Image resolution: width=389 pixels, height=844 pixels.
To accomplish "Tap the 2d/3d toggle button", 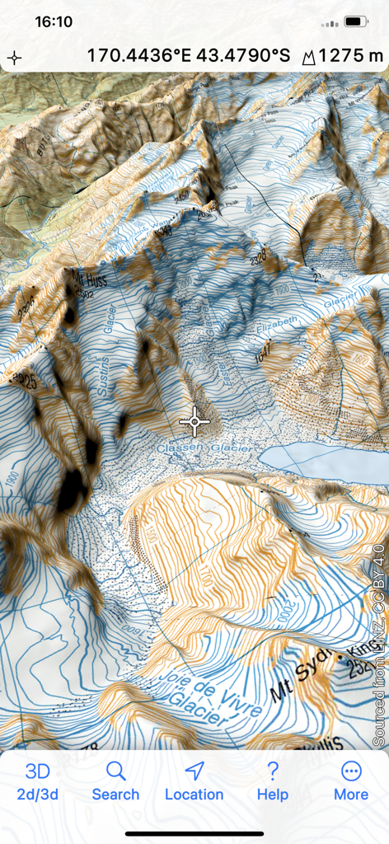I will [x=37, y=781].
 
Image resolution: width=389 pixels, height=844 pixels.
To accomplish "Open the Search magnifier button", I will [x=115, y=781].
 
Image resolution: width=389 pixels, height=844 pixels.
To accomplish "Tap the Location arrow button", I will [x=194, y=781].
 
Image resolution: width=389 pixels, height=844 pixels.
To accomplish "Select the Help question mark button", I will [x=272, y=781].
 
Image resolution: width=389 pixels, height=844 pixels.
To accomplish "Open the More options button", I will [x=350, y=781].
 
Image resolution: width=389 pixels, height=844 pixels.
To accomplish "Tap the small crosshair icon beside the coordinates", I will [x=14, y=58].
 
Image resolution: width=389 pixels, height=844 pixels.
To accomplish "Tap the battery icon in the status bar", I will [x=356, y=21].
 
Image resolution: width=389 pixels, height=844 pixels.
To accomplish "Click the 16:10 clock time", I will [x=54, y=22].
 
